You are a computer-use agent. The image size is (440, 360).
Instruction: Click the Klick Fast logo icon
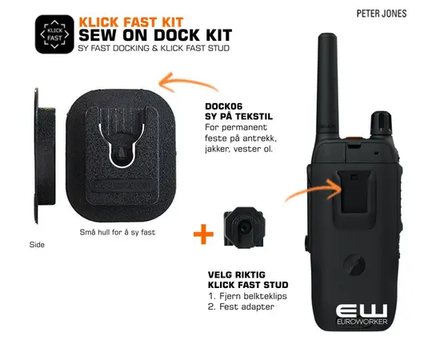coord(54,34)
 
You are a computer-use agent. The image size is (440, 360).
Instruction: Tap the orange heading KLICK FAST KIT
coord(131,22)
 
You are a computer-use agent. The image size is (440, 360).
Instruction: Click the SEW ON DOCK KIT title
coord(155,35)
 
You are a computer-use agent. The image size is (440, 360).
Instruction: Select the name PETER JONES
coord(382,14)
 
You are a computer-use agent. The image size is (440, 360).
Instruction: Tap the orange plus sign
coord(203,234)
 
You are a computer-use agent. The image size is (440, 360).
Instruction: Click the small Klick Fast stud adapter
coord(244,227)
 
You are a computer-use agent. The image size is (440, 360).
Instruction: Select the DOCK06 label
coord(224,106)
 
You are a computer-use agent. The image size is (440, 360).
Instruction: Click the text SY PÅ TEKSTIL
coord(239,116)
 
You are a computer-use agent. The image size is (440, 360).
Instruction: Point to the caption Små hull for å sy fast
coord(118,232)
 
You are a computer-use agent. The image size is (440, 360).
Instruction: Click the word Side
coord(37,245)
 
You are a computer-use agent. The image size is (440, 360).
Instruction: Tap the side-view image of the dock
coord(44,156)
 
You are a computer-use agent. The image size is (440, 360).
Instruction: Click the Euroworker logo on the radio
coord(362,314)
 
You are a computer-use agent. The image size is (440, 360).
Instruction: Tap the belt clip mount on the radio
coord(354,191)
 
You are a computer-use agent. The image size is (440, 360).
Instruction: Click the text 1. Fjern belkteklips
coord(247,296)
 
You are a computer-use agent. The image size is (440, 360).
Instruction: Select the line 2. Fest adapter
coord(241,306)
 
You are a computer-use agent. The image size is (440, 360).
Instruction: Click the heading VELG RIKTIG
coord(237,274)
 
